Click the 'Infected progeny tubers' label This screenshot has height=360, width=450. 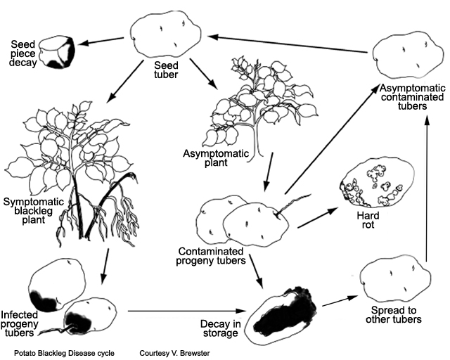[24, 323]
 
